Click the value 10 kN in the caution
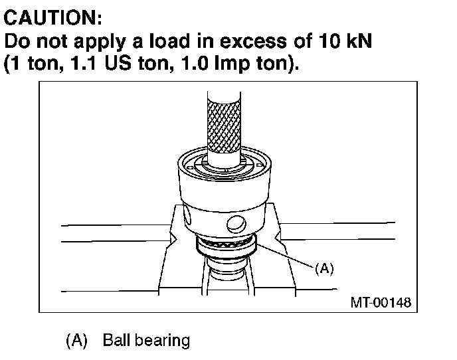click(x=343, y=41)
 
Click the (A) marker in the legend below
click(x=77, y=341)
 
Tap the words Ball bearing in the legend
click(x=145, y=341)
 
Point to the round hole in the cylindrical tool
click(x=233, y=223)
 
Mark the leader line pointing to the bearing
click(x=286, y=256)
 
